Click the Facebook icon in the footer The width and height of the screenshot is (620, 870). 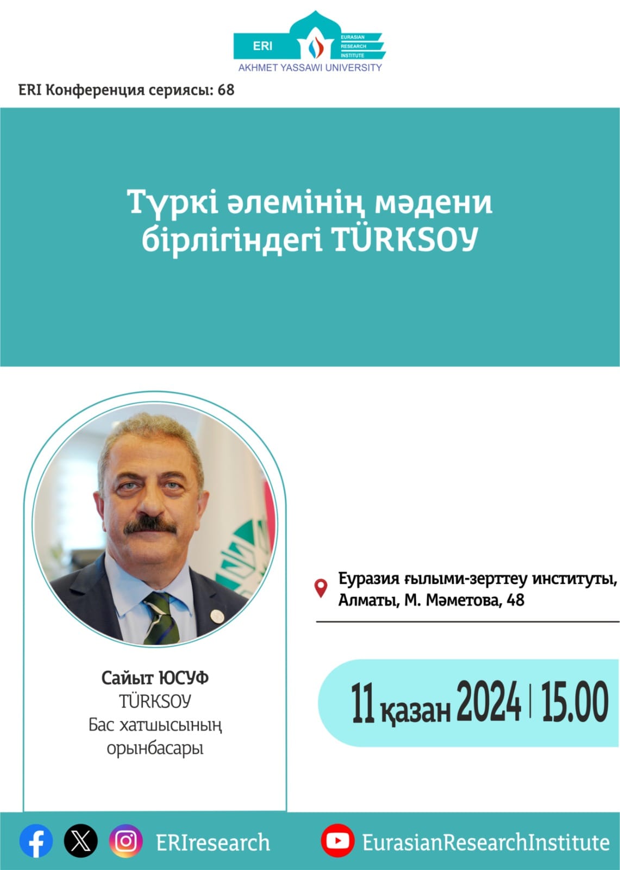click(x=36, y=841)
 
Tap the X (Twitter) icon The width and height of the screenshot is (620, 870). click(x=80, y=841)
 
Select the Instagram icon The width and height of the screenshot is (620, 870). click(x=126, y=841)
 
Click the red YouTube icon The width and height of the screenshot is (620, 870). click(x=337, y=841)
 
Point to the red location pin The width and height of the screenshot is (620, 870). click(x=321, y=588)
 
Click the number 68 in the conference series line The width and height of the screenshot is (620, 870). click(x=226, y=90)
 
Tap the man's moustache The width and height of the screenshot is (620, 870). click(x=150, y=525)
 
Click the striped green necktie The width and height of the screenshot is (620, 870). click(x=162, y=618)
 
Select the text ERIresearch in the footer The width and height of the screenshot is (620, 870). click(x=213, y=842)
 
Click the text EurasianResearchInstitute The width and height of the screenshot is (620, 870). click(x=486, y=842)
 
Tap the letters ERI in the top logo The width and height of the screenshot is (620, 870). click(x=263, y=46)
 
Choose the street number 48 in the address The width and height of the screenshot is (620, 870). click(x=516, y=600)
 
